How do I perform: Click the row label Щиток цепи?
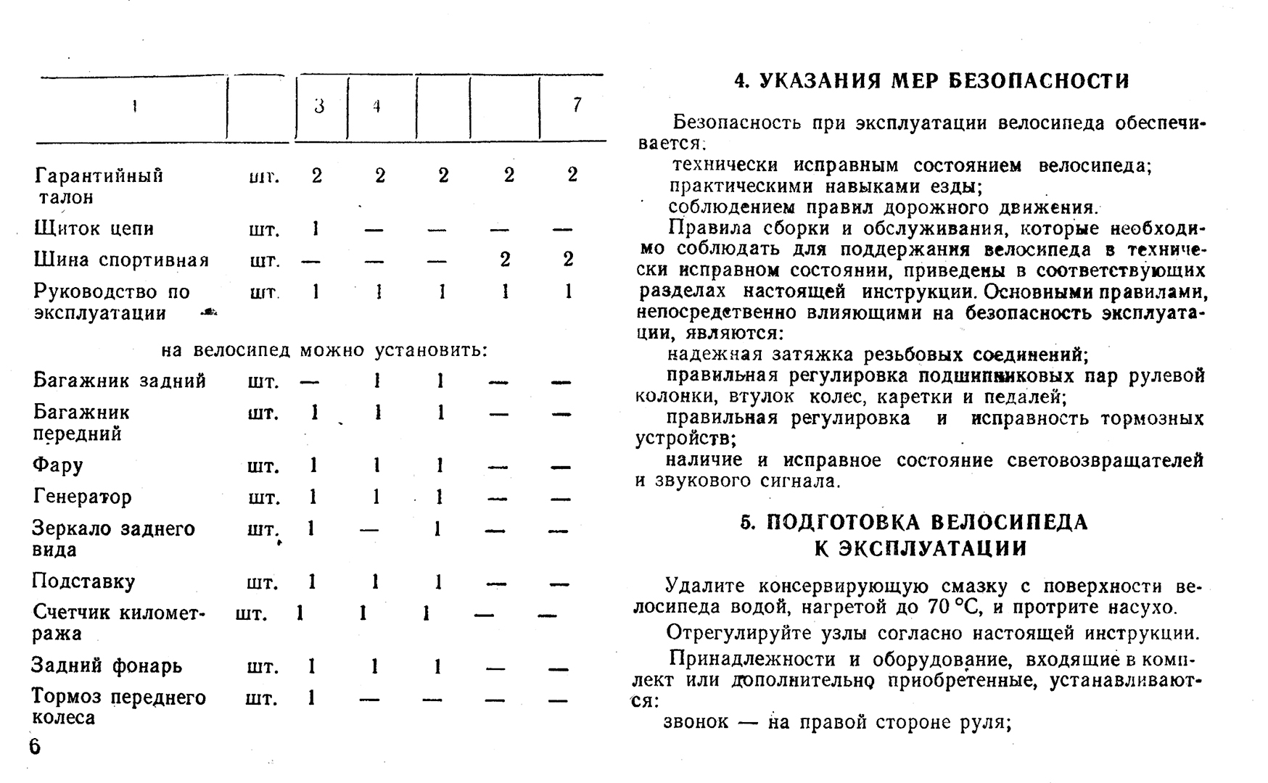pyautogui.click(x=94, y=229)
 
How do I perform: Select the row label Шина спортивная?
pyautogui.click(x=121, y=260)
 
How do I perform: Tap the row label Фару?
pyautogui.click(x=57, y=465)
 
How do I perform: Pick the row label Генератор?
pyautogui.click(x=82, y=497)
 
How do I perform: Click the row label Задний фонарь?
pyautogui.click(x=106, y=666)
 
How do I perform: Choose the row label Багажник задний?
pyautogui.click(x=120, y=381)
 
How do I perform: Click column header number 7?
pyautogui.click(x=577, y=106)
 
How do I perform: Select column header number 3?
pyautogui.click(x=319, y=107)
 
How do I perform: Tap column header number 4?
pyautogui.click(x=376, y=107)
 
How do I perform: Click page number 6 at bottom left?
pyautogui.click(x=35, y=747)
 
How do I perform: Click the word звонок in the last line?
pyautogui.click(x=695, y=723)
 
